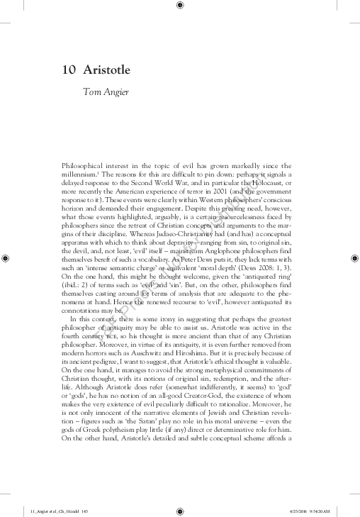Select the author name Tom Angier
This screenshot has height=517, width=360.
tap(106, 91)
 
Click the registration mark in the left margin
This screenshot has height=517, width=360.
tap(6, 260)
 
